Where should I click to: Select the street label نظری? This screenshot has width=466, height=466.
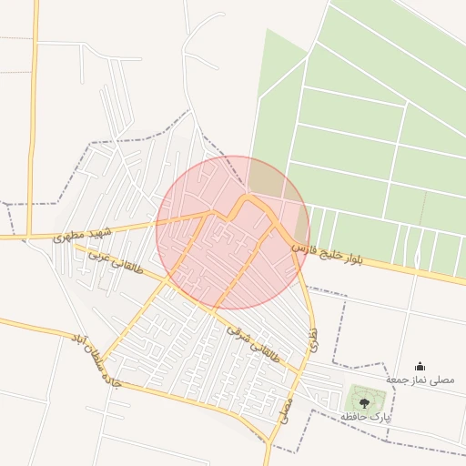pos(311,341)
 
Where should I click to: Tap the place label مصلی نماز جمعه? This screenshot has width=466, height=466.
pos(419,379)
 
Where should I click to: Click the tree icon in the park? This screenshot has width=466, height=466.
pos(364,400)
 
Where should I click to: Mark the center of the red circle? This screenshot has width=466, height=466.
pos(233,232)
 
